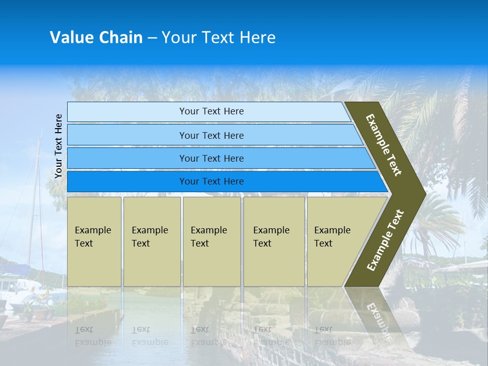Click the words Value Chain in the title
(x=96, y=38)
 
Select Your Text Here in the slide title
(x=219, y=38)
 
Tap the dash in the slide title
(x=152, y=38)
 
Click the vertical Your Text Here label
(x=58, y=146)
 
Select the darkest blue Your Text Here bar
(x=211, y=181)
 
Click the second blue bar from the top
(x=211, y=135)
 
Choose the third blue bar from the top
(x=211, y=158)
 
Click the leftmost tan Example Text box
(x=94, y=241)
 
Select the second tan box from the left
(x=152, y=241)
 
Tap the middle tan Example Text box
(x=211, y=241)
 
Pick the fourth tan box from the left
(x=274, y=241)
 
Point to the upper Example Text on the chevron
(x=384, y=145)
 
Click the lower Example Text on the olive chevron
(x=385, y=240)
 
